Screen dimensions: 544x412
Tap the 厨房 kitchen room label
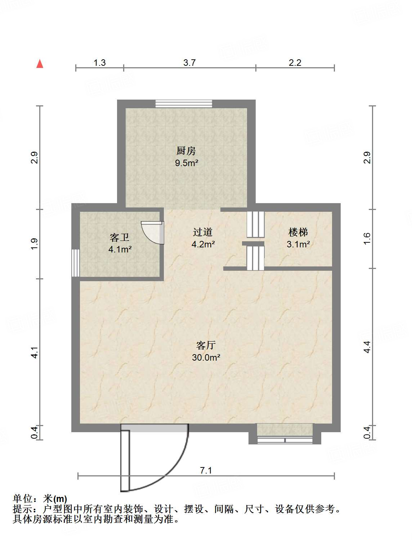[x=186, y=151]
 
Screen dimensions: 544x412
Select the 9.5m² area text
[x=187, y=163]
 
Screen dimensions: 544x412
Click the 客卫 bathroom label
[x=120, y=237]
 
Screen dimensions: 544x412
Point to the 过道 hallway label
[x=203, y=232]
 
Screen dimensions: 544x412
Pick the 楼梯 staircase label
[x=298, y=232]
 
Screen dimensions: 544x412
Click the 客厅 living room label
[x=206, y=345]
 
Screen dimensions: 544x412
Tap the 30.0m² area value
[x=206, y=357]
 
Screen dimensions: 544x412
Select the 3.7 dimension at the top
[x=189, y=63]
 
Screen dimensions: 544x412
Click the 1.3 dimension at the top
[x=99, y=63]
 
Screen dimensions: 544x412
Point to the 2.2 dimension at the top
[x=295, y=63]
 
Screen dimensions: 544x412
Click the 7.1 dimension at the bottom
[x=206, y=470]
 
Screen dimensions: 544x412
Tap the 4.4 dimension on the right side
[x=367, y=347]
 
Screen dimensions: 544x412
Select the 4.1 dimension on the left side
[x=34, y=352]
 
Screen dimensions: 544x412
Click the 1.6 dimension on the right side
[x=367, y=238]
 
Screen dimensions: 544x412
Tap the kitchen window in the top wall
[x=184, y=104]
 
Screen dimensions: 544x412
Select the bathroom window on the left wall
[x=75, y=262]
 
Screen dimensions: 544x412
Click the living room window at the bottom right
[x=285, y=439]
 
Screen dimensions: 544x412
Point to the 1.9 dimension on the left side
[x=34, y=244]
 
